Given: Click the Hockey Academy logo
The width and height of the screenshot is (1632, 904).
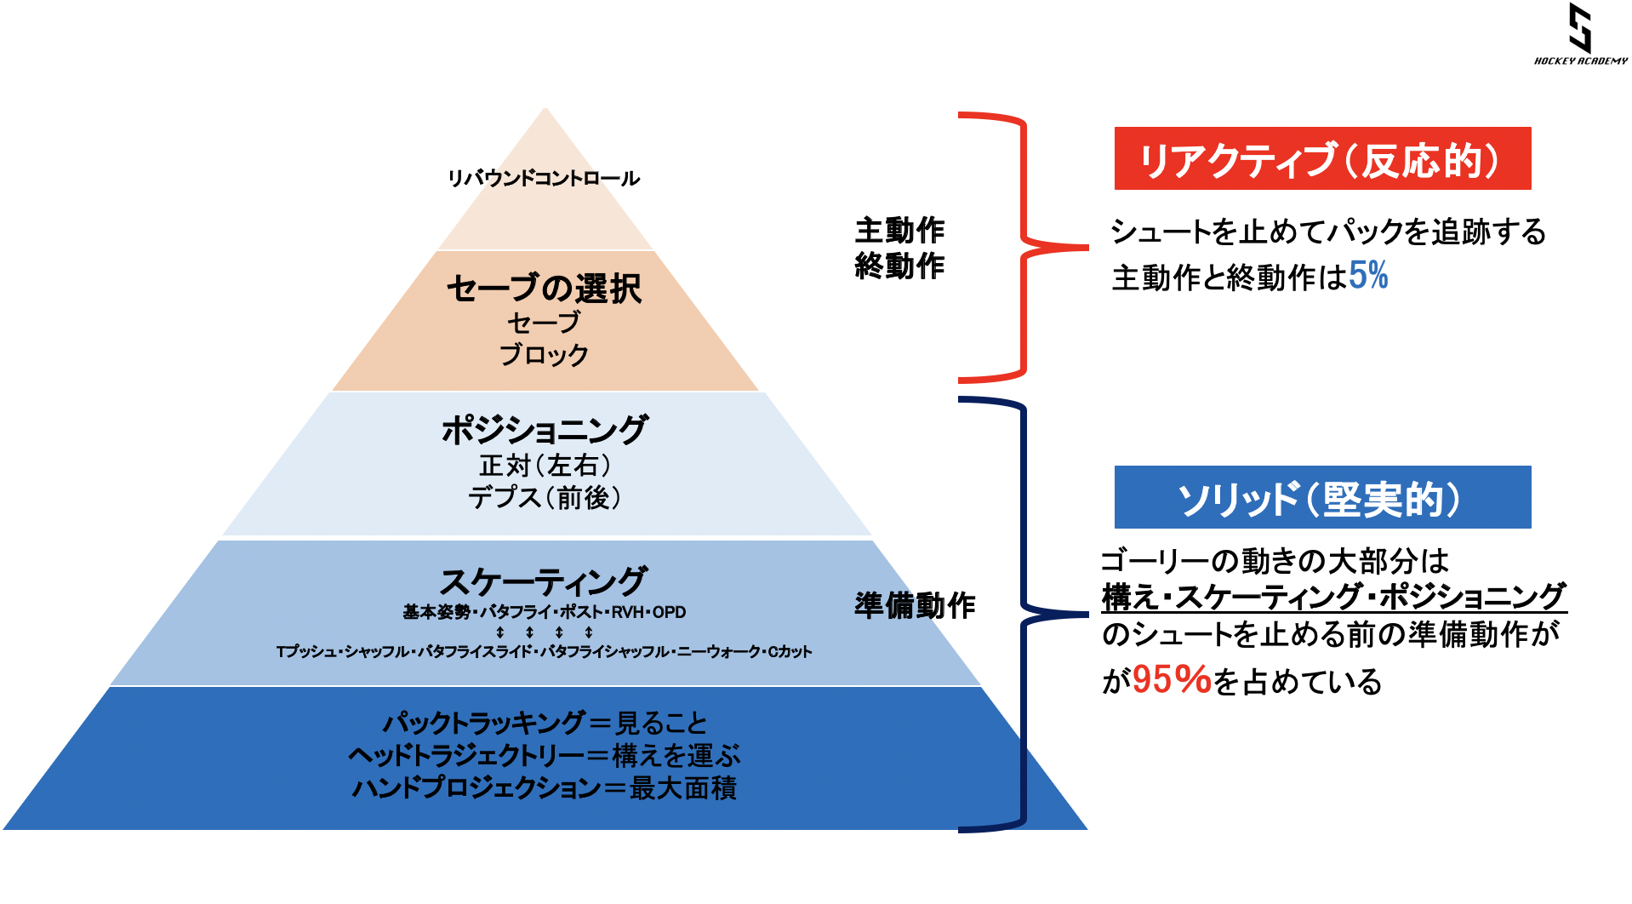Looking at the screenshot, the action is click(1580, 34).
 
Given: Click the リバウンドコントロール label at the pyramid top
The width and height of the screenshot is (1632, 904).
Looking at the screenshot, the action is click(544, 179).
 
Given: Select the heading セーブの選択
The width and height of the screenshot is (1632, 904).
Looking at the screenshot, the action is click(544, 289).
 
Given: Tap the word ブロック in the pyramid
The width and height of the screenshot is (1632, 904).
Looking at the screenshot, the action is click(544, 355).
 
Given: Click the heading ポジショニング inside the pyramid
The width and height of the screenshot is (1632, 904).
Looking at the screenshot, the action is click(545, 430).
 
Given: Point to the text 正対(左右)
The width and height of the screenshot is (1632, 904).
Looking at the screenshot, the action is click(545, 466).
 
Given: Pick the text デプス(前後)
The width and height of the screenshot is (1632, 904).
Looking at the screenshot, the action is click(545, 497).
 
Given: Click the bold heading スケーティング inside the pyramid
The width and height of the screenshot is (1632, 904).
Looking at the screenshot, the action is click(544, 581).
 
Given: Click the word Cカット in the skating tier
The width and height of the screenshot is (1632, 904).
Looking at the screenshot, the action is click(790, 652).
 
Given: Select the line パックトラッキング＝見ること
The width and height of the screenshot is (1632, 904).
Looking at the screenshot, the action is click(545, 724).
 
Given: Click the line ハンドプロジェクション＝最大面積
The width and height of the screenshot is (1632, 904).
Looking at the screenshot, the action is click(545, 788).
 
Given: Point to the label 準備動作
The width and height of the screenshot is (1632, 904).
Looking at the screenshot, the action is click(915, 605).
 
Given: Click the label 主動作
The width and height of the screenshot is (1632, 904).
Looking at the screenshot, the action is click(899, 230).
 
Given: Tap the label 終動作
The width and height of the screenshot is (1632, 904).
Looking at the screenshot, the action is click(899, 266).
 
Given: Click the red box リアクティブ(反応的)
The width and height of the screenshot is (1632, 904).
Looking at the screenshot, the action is click(1322, 158).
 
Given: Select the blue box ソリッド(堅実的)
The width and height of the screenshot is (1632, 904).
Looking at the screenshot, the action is click(1322, 497).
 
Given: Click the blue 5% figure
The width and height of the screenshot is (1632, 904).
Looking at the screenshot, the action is click(1368, 276).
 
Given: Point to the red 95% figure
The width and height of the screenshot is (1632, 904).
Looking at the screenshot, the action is click(1171, 680).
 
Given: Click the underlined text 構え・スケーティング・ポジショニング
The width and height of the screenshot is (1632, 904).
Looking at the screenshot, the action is click(1333, 597).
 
